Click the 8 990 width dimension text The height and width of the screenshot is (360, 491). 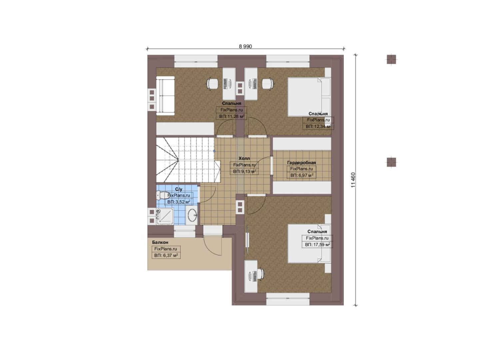click(x=245, y=47)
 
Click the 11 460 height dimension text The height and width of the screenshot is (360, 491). click(x=353, y=180)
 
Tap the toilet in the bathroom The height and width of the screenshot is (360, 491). click(x=162, y=195)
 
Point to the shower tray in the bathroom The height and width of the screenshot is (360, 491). click(x=165, y=216)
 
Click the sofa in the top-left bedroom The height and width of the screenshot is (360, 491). click(x=165, y=96)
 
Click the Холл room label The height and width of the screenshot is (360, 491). click(x=244, y=158)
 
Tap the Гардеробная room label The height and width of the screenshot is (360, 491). click(x=301, y=163)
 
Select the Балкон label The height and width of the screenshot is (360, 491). click(x=160, y=242)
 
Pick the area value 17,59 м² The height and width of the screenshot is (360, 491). click(x=317, y=245)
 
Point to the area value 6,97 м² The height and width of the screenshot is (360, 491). click(x=302, y=175)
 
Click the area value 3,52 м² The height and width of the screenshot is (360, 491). click(x=179, y=202)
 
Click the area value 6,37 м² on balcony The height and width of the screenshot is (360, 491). click(x=166, y=255)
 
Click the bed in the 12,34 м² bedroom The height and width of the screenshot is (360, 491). click(x=309, y=97)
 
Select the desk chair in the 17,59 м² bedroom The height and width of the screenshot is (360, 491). click(x=260, y=274)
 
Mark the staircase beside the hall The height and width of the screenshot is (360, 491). click(x=188, y=160)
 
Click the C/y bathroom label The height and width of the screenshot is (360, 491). click(x=179, y=189)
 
